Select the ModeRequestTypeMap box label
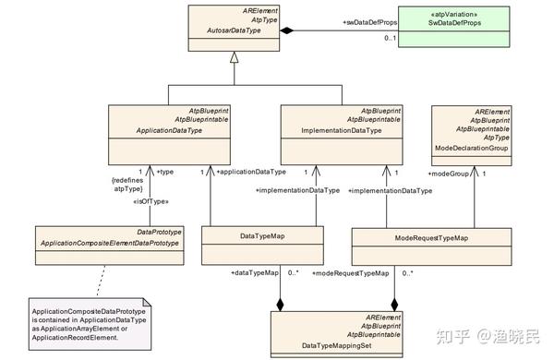[x=430, y=238]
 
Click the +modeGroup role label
[x=450, y=172]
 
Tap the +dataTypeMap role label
[x=255, y=273]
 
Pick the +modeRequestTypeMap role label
[x=351, y=273]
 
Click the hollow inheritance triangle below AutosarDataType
[x=234, y=57]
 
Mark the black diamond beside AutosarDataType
[x=287, y=31]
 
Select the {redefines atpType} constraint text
[x=126, y=185]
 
